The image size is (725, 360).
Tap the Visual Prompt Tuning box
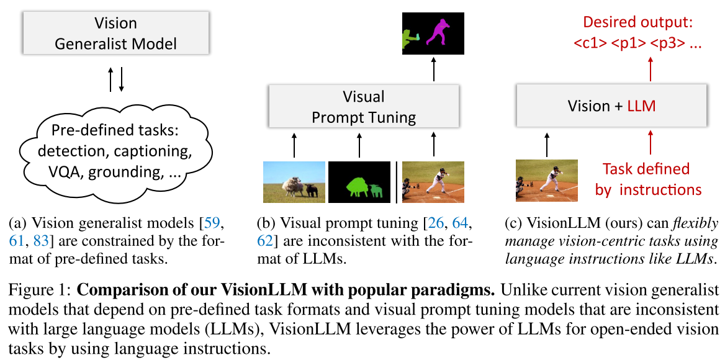pyautogui.click(x=364, y=106)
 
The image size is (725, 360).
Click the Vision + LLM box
pyautogui.click(x=611, y=106)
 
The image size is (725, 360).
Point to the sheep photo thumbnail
pyautogui.click(x=294, y=181)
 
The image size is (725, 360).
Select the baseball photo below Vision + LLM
pyautogui.click(x=547, y=180)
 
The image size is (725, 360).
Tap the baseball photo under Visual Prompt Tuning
pyautogui.click(x=433, y=181)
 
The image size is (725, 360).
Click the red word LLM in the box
pyautogui.click(x=641, y=107)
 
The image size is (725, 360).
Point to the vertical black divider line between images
pyautogui.click(x=396, y=181)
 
